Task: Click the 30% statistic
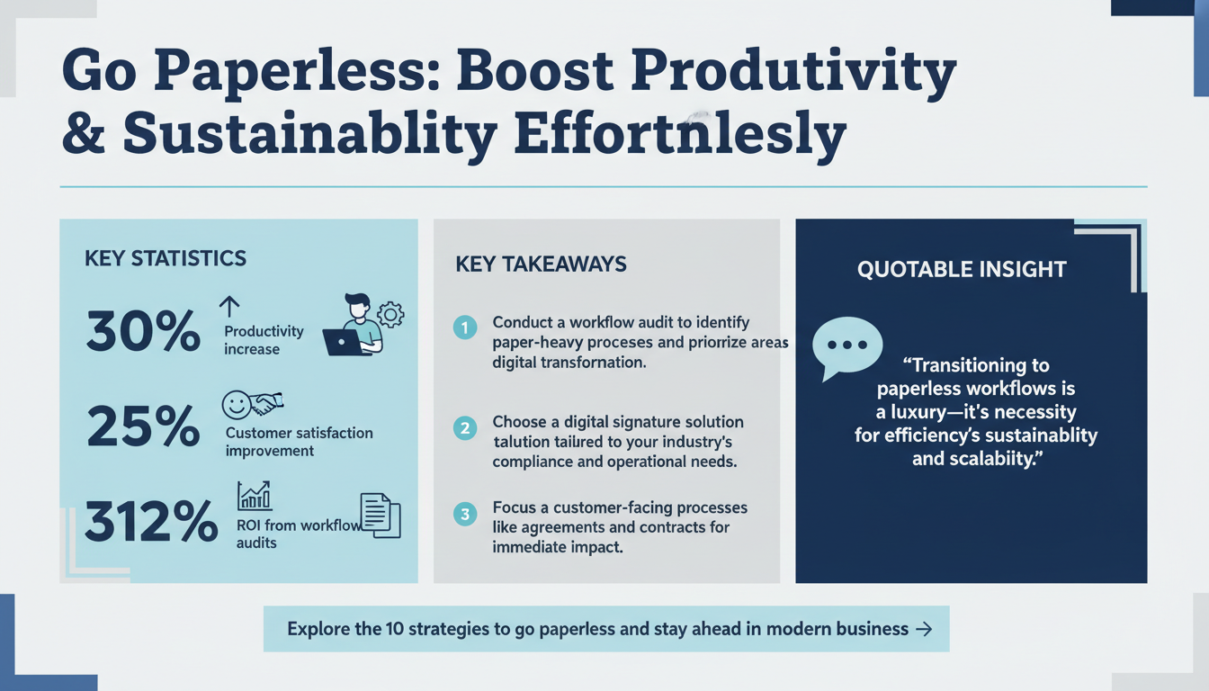click(143, 332)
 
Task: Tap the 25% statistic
click(143, 426)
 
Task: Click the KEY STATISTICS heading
click(166, 259)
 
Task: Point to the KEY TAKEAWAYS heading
click(541, 265)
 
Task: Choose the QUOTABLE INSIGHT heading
click(962, 269)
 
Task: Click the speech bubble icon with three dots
click(846, 346)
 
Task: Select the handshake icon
click(264, 405)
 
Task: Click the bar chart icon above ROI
click(255, 496)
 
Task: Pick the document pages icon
click(380, 516)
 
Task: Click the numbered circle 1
click(464, 328)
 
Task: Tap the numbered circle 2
click(464, 427)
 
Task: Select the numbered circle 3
click(464, 515)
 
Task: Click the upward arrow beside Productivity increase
click(229, 307)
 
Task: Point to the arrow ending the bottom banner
click(923, 629)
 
